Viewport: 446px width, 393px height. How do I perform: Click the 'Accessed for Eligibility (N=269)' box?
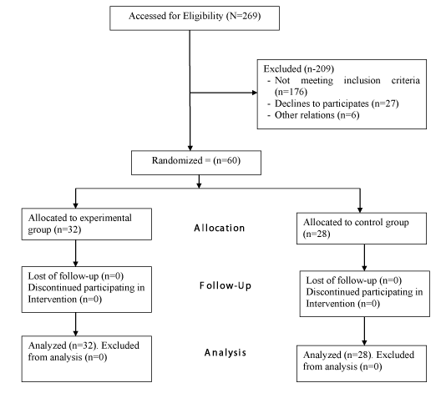pyautogui.click(x=195, y=18)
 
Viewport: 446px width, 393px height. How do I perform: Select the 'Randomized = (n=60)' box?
pyautogui.click(x=196, y=163)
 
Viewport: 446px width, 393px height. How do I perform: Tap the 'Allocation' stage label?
pyautogui.click(x=220, y=228)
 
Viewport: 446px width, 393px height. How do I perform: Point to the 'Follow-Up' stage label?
pyautogui.click(x=226, y=285)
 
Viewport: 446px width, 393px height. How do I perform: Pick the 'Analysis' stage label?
pyautogui.click(x=226, y=353)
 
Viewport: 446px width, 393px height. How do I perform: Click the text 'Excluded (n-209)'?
pyautogui.click(x=299, y=68)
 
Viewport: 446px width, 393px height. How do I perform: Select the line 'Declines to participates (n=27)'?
pyautogui.click(x=337, y=103)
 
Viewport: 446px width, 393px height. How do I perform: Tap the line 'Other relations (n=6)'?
pyautogui.click(x=317, y=115)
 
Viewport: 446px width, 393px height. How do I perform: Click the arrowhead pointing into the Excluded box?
pyautogui.click(x=255, y=93)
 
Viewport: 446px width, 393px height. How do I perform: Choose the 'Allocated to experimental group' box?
pyautogui.click(x=87, y=224)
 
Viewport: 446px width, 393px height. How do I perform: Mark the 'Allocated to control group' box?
pyautogui.click(x=362, y=228)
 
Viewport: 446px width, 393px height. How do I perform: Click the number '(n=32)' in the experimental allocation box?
pyautogui.click(x=68, y=229)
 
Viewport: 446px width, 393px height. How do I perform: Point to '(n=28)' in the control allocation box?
pyautogui.click(x=317, y=234)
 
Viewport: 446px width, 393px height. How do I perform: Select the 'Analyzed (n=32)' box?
pyautogui.click(x=87, y=359)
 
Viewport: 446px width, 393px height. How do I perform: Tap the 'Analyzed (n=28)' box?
pyautogui.click(x=362, y=364)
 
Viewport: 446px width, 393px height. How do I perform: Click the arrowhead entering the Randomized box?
pyautogui.click(x=190, y=148)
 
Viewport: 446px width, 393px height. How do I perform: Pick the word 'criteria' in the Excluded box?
pyautogui.click(x=405, y=80)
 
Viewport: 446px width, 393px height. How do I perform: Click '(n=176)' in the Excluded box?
pyautogui.click(x=291, y=92)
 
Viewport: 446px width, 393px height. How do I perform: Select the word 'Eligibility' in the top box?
pyautogui.click(x=203, y=16)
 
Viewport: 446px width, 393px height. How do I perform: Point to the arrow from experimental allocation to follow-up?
pyautogui.click(x=76, y=253)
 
